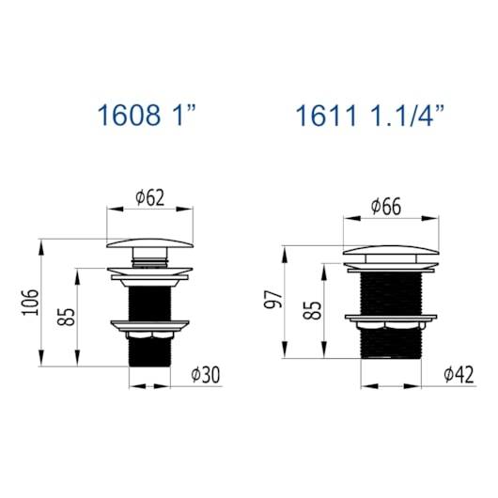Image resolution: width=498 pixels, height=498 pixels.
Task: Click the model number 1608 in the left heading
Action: pos(129,115)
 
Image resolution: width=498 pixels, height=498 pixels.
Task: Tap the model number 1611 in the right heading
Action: pos(326,116)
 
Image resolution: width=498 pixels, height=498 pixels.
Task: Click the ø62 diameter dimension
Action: pos(150,197)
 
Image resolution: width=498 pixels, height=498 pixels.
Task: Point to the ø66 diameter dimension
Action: pos(386,207)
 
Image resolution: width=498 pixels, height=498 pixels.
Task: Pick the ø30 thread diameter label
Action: pos(205,375)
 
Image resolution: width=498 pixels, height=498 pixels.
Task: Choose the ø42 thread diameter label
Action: pos(459,375)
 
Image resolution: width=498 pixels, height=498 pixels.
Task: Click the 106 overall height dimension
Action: pos(31,302)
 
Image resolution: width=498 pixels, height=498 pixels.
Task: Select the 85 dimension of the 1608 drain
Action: pos(66,317)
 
